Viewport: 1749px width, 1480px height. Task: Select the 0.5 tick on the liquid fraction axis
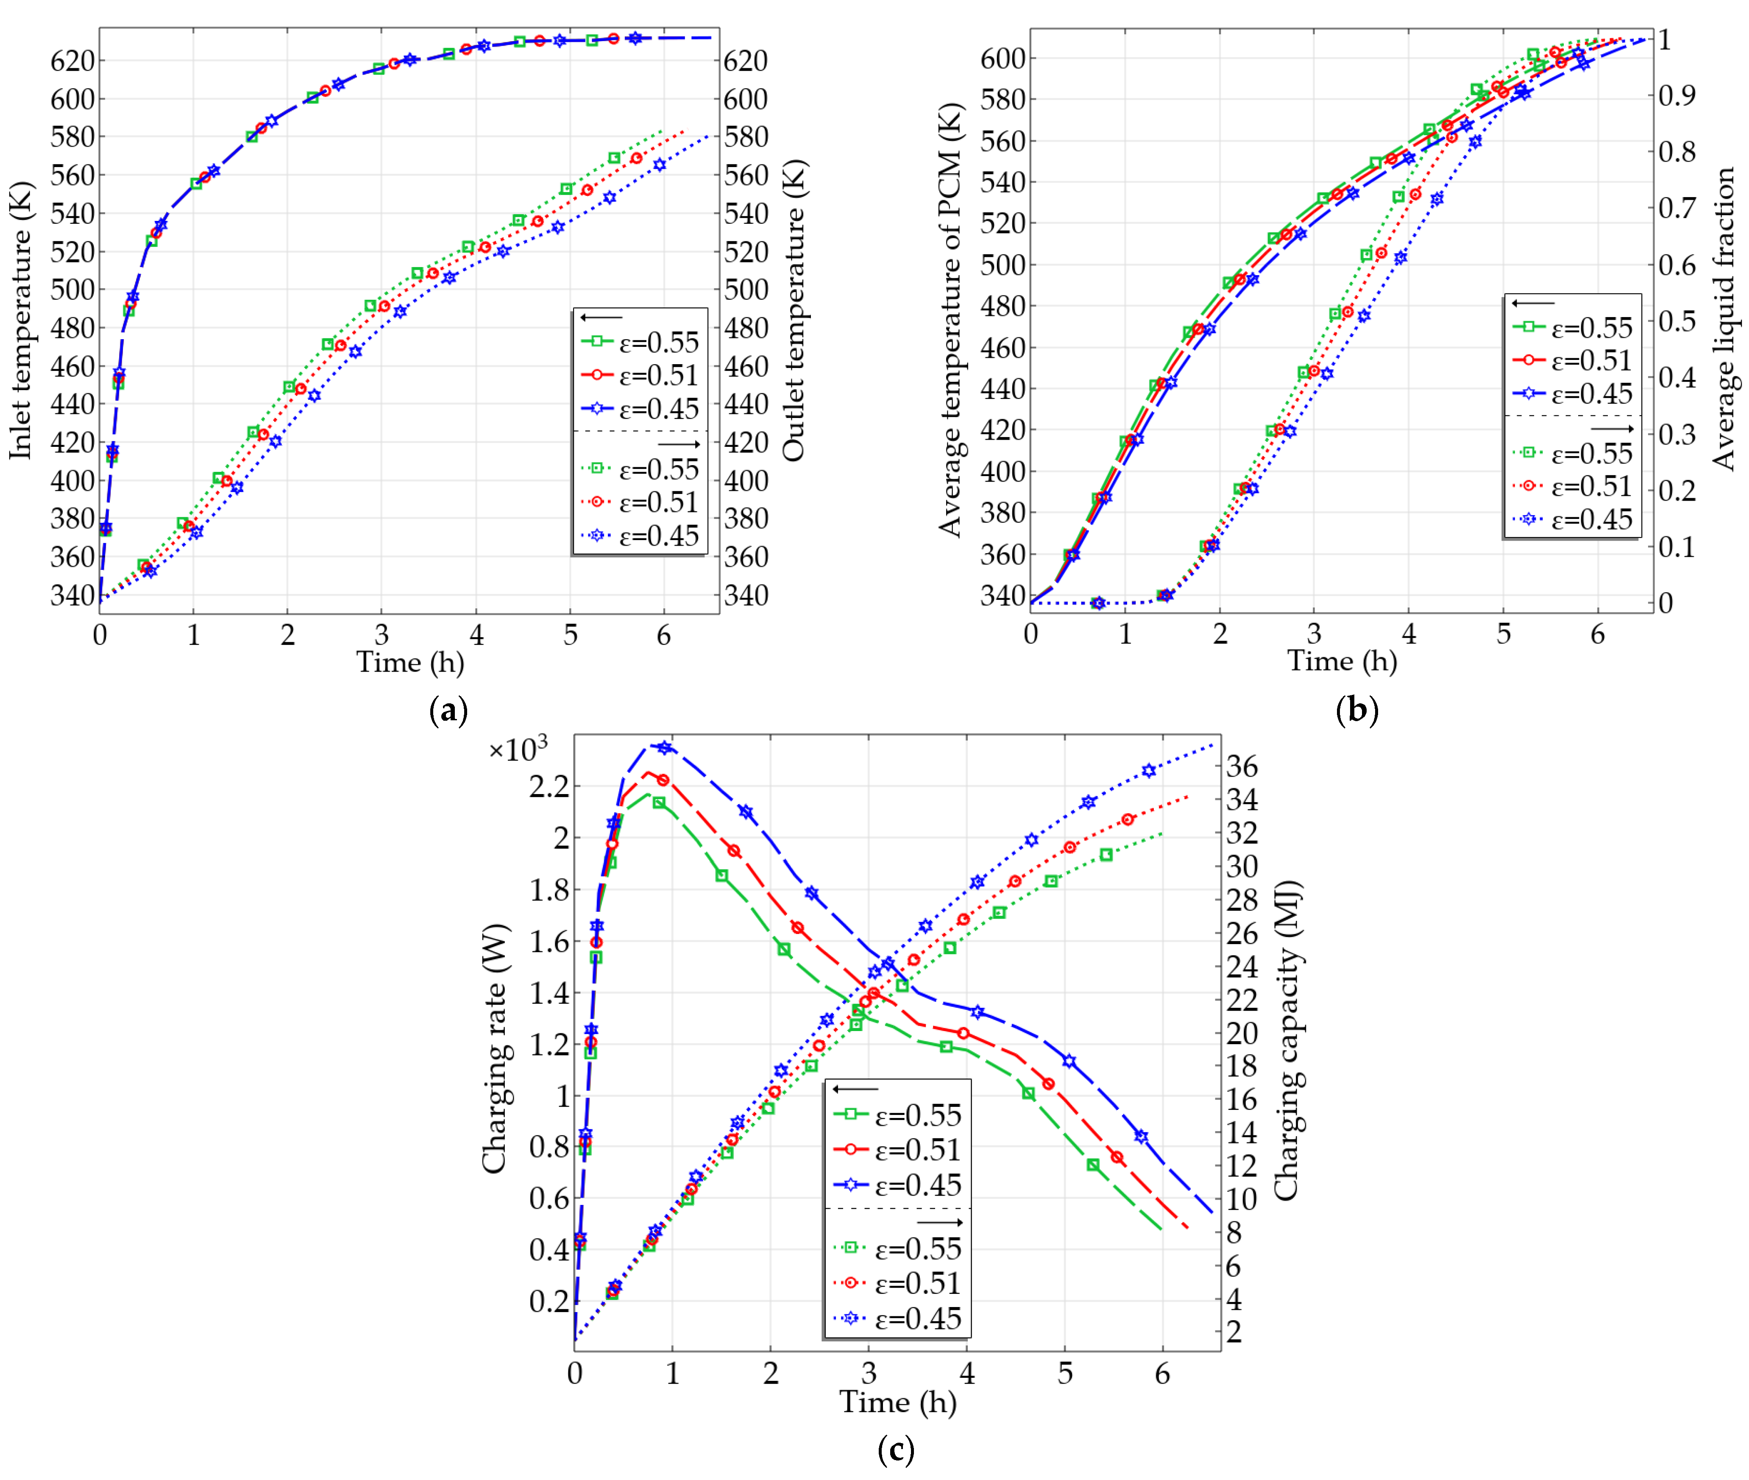[1677, 321]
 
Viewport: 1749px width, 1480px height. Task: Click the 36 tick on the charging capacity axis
[1242, 766]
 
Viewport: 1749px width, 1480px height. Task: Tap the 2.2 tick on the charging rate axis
[549, 787]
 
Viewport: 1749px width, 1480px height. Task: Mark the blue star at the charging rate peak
[664, 747]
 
